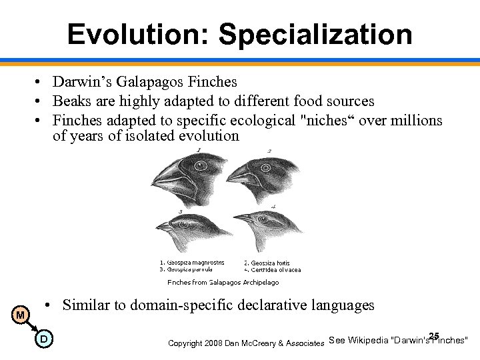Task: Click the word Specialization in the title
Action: click(315, 35)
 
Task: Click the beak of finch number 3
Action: click(163, 227)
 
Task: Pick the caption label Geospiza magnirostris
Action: click(192, 263)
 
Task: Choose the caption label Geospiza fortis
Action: click(267, 263)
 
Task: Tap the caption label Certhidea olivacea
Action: click(273, 270)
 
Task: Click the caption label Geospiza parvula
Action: click(186, 269)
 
